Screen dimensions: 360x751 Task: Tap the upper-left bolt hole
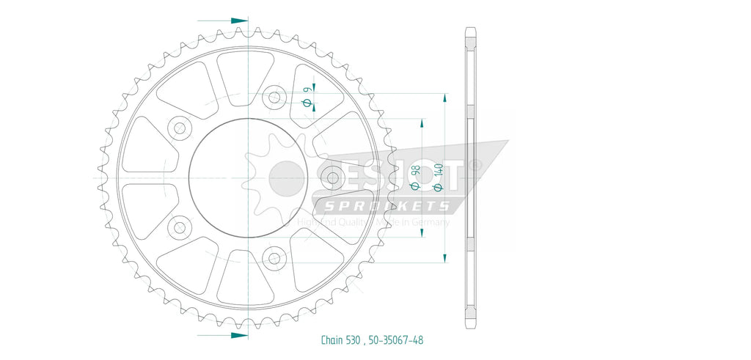pyautogui.click(x=179, y=128)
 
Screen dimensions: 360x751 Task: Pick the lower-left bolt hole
pyautogui.click(x=179, y=227)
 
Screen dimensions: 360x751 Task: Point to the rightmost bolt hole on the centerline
pyautogui.click(x=333, y=177)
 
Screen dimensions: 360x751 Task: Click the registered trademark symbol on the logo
pyautogui.click(x=477, y=166)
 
